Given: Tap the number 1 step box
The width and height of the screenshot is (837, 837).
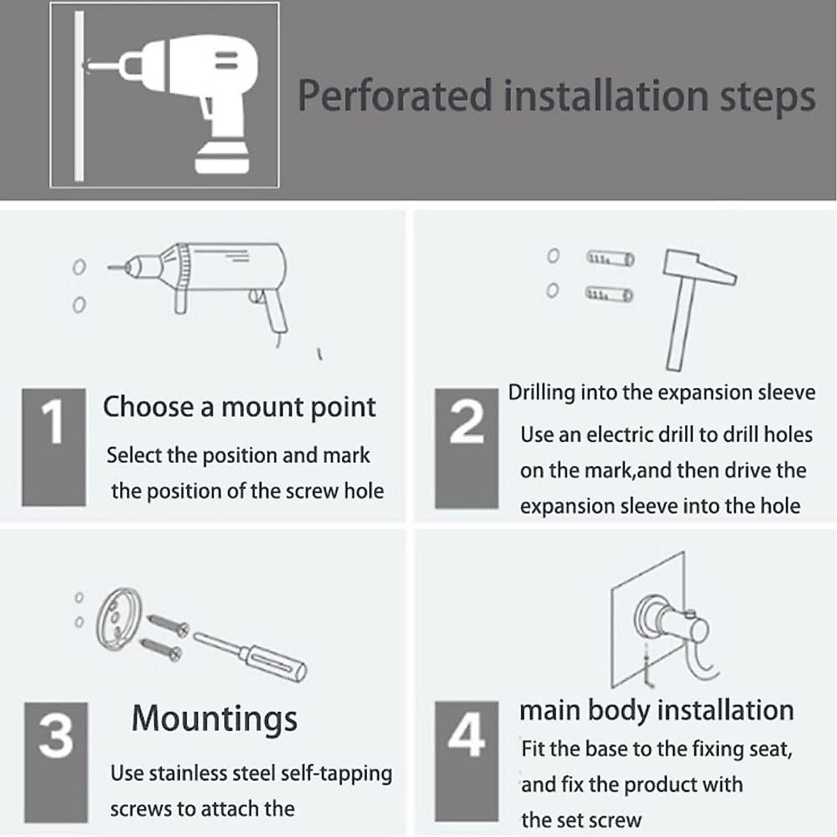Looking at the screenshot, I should [54, 446].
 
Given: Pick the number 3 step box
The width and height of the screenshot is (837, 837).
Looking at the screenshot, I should [56, 762].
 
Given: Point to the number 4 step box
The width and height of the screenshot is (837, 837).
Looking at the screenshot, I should [466, 761].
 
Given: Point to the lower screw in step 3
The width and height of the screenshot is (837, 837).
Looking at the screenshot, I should [162, 648].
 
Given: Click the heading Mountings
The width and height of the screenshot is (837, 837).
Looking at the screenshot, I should [214, 718].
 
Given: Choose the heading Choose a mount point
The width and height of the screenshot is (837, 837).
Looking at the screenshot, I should [239, 407].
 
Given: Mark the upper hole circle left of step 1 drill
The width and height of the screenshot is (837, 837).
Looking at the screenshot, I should [80, 267].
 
